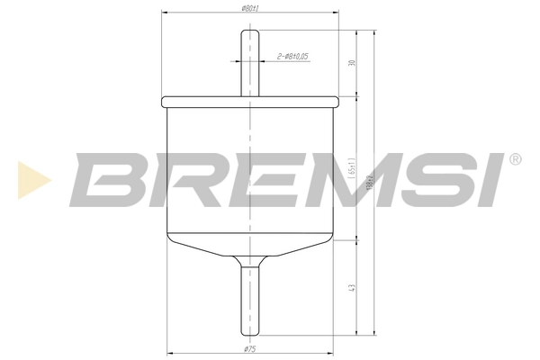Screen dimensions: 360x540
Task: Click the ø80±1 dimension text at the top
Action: click(x=251, y=8)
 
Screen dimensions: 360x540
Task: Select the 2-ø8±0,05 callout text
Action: click(x=293, y=56)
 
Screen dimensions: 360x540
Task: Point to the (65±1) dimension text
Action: click(x=352, y=167)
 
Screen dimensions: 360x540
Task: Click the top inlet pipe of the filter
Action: click(x=250, y=67)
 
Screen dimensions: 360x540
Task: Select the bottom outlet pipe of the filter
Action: click(x=250, y=297)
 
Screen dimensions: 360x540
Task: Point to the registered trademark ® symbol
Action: click(x=515, y=160)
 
